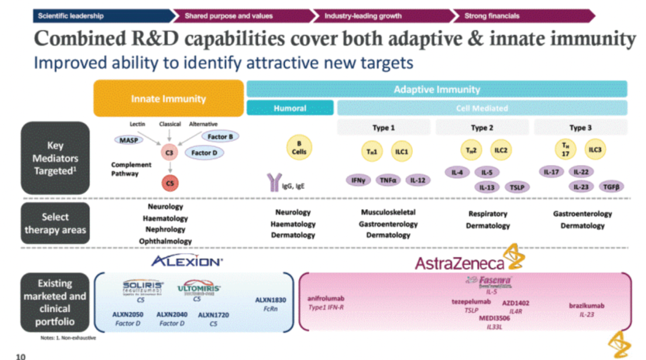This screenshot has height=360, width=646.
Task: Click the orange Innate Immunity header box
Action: pos(168,99)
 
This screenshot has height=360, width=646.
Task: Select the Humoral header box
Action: pos(290,108)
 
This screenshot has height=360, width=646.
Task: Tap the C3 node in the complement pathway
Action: pos(169,154)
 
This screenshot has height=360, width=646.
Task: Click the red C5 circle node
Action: pos(169,184)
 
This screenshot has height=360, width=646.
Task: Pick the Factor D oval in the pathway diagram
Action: pos(204,153)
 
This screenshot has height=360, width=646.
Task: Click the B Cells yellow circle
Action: pos(299,148)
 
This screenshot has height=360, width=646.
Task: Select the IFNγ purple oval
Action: pos(358,179)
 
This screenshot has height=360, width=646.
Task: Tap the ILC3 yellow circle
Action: pos(595,150)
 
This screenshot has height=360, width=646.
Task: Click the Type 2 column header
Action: pos(482,127)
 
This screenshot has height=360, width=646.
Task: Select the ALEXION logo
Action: pos(186,261)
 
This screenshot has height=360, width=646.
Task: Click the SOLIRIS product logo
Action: pos(142,287)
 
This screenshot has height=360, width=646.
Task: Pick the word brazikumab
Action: pos(586,306)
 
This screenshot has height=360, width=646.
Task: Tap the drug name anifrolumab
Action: pos(326,298)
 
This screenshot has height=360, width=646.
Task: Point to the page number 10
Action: pos(20,356)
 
